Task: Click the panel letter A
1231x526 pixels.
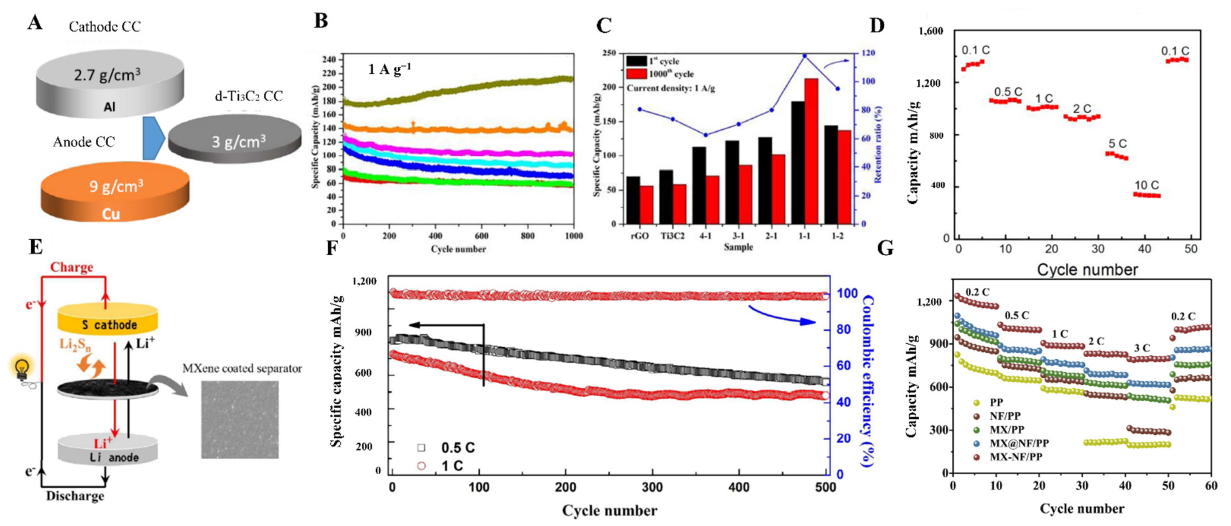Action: [x=35, y=23]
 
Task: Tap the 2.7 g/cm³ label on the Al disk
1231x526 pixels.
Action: [x=107, y=75]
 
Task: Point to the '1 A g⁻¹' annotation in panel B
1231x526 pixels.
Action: [x=389, y=70]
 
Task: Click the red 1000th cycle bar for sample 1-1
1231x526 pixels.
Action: [x=811, y=151]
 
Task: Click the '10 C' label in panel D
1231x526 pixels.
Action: [x=1146, y=185]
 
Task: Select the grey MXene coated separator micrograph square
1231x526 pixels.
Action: [x=240, y=419]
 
